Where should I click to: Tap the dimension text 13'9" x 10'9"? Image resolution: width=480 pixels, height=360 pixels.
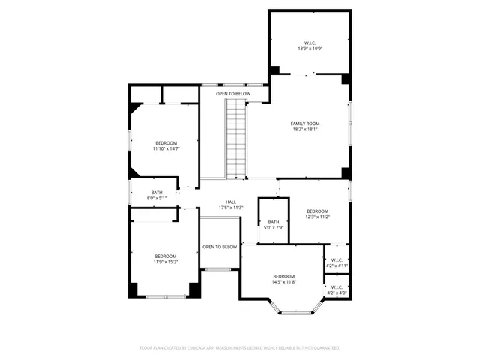pyautogui.click(x=310, y=49)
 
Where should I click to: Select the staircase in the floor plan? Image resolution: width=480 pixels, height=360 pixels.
pyautogui.click(x=237, y=139)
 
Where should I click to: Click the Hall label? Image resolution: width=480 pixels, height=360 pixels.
pyautogui.click(x=232, y=202)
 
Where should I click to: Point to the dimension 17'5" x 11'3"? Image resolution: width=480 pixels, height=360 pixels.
pyautogui.click(x=232, y=208)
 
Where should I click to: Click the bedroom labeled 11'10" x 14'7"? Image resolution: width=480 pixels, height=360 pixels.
pyautogui.click(x=166, y=145)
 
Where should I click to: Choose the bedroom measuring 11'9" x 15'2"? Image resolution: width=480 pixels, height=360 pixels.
pyautogui.click(x=165, y=259)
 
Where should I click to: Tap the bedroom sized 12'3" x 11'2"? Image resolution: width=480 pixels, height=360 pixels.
pyautogui.click(x=317, y=214)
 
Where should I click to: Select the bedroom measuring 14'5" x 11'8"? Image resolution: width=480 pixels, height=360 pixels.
pyautogui.click(x=283, y=279)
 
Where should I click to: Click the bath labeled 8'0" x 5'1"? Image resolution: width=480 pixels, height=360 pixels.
pyautogui.click(x=157, y=195)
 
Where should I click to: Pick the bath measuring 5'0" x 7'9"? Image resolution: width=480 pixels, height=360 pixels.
pyautogui.click(x=274, y=224)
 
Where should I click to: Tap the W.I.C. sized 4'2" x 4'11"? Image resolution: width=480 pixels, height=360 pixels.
pyautogui.click(x=337, y=262)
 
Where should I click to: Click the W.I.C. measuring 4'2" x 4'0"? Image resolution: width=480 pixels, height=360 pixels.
pyautogui.click(x=337, y=289)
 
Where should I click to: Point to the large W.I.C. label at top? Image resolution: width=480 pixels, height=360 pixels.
pyautogui.click(x=310, y=43)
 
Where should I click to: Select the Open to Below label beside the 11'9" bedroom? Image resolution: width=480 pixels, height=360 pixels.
pyautogui.click(x=220, y=247)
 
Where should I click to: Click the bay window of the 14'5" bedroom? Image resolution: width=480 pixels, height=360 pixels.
pyautogui.click(x=297, y=308)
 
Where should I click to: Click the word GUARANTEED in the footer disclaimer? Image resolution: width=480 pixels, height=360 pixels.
pyautogui.click(x=325, y=348)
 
